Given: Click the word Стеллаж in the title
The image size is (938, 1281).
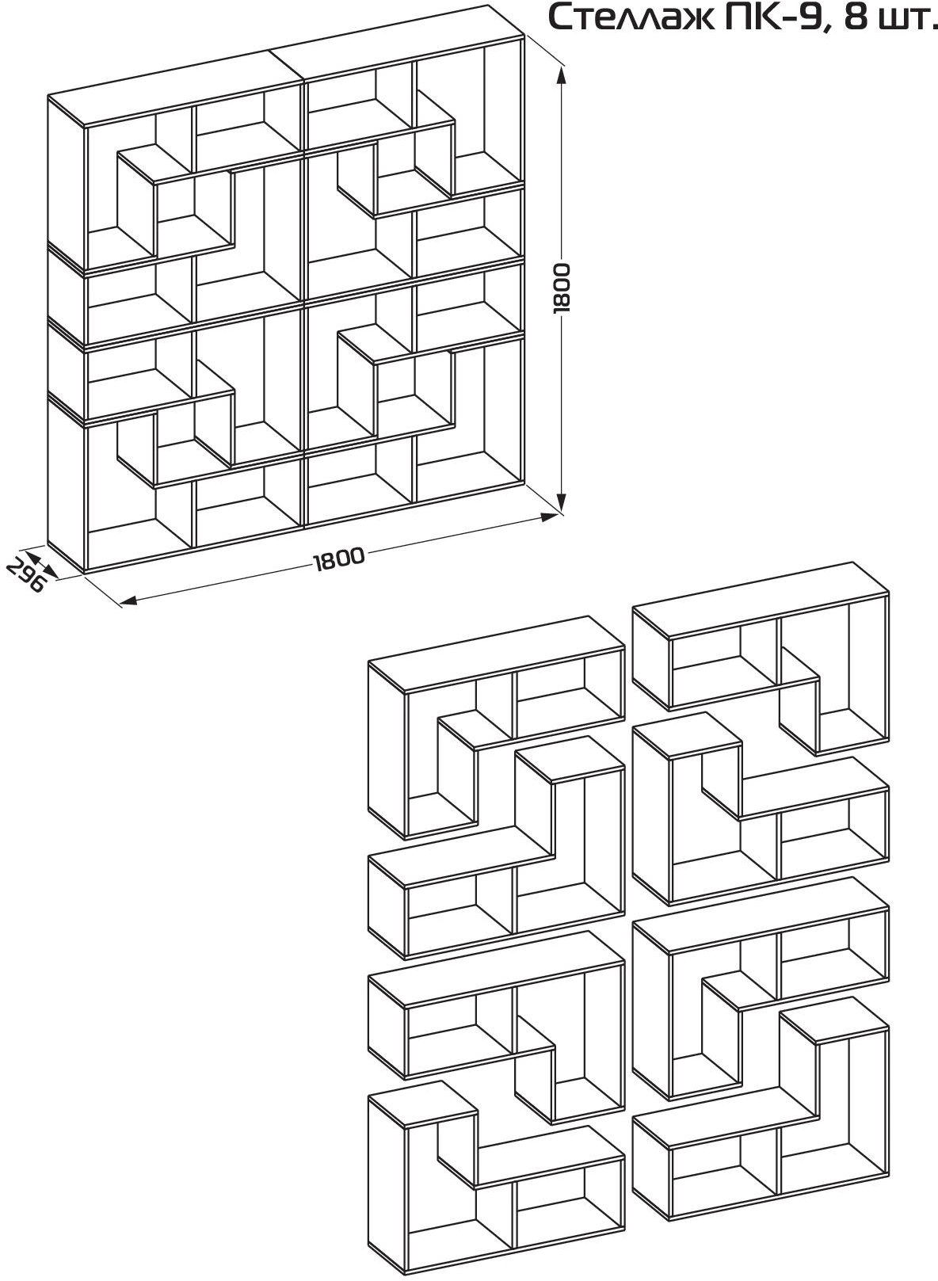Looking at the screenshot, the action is point(631,17).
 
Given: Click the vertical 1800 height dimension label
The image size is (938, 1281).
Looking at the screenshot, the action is point(562,288).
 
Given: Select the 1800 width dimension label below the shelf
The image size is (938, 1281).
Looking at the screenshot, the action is point(339,559).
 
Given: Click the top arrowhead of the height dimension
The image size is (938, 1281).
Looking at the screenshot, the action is point(562,75).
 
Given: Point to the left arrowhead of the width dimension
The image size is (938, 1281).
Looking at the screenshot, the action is point(129,600).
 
